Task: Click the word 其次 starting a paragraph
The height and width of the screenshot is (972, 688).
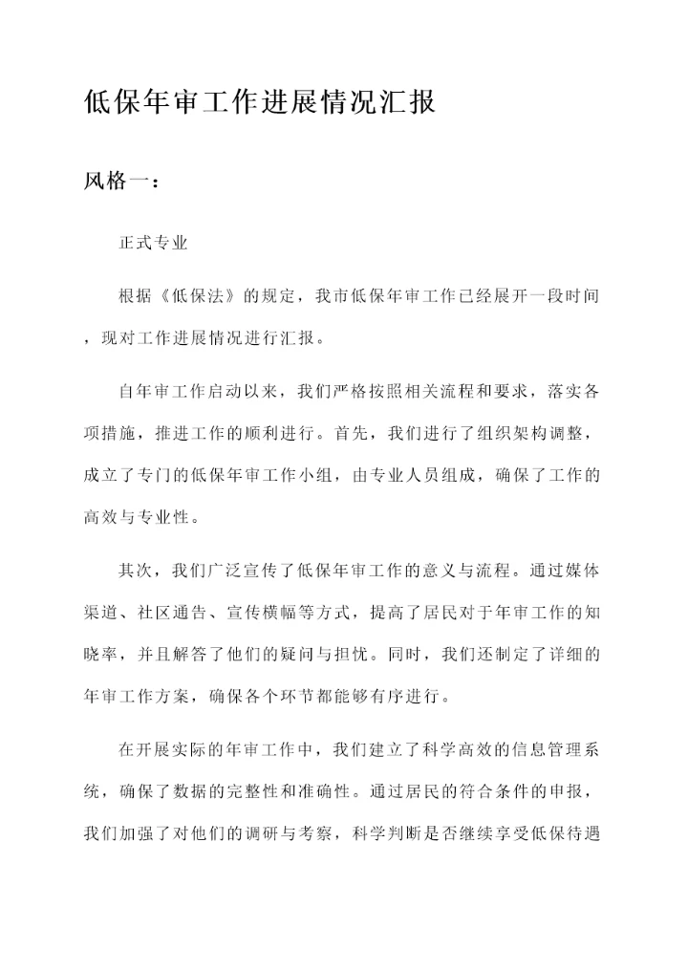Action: coord(135,571)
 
